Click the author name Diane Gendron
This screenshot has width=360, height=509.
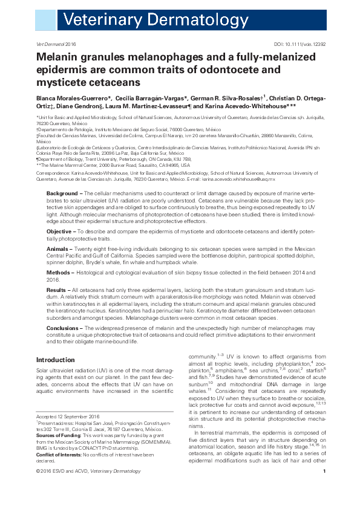[x=57, y=106]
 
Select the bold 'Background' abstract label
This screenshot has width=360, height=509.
[x=63, y=193]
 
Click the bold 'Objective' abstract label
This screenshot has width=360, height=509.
[x=59, y=232]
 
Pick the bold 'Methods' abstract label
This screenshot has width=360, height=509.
[x=59, y=272]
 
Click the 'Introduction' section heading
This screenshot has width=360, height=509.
[x=56, y=360]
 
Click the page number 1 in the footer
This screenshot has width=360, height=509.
[x=325, y=488]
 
